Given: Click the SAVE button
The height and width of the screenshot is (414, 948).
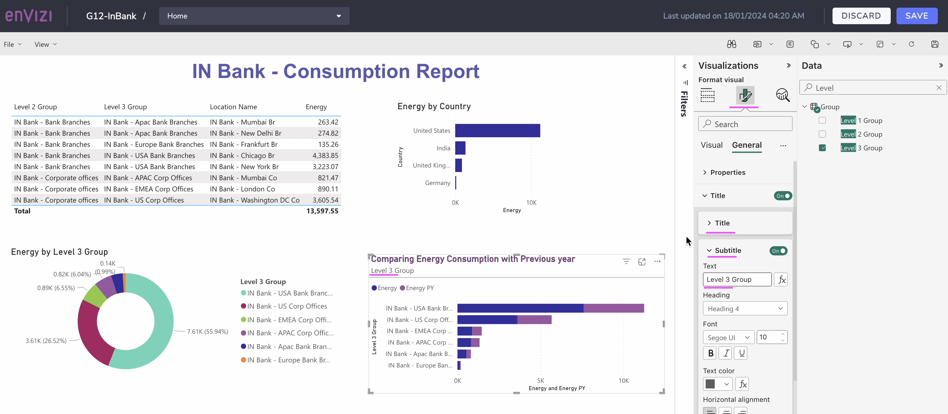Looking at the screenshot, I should (917, 16).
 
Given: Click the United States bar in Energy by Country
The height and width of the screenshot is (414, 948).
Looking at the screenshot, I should (497, 130).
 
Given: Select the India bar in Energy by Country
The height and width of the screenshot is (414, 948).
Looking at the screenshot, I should (460, 148).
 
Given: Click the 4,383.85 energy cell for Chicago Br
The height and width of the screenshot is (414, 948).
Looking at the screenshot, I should (325, 155).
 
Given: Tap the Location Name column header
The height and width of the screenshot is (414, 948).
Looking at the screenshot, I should (233, 107).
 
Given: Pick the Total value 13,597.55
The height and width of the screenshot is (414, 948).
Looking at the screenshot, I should (322, 211).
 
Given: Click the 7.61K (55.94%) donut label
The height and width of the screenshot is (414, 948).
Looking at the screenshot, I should (207, 332).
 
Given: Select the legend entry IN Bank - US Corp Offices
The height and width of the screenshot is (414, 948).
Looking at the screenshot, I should (287, 306).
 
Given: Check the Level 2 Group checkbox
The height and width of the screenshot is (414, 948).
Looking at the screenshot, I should (822, 134).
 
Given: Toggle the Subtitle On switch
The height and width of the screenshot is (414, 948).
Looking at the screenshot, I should (778, 251).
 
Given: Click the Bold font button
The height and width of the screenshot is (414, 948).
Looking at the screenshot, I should (710, 353).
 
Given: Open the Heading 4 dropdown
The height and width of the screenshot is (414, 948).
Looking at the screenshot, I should (744, 309).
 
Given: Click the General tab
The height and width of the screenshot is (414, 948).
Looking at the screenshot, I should (746, 145).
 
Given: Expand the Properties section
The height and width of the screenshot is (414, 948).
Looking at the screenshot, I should (727, 172).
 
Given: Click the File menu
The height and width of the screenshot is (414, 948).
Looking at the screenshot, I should (12, 44).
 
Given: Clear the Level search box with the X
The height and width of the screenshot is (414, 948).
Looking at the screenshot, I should (938, 88).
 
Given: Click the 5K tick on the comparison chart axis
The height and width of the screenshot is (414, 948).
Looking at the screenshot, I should (540, 381).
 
